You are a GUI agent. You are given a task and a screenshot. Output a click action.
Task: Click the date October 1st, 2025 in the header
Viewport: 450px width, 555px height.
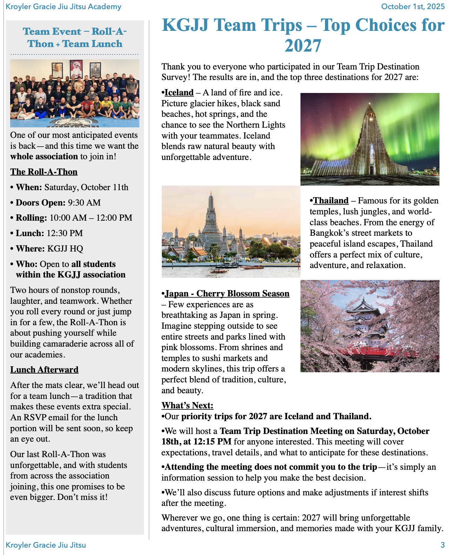pos(412,7)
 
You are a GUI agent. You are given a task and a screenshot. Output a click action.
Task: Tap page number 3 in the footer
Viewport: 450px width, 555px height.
pos(443,545)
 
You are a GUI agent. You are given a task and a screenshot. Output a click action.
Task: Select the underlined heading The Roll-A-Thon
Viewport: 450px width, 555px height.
pos(44,172)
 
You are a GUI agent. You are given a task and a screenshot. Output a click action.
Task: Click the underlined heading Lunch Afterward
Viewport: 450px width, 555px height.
pos(44,370)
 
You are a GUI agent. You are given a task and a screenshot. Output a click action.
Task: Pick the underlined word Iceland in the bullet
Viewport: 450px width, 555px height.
pos(179,93)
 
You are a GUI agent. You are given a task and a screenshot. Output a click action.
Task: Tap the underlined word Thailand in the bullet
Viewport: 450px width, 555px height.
pos(331,201)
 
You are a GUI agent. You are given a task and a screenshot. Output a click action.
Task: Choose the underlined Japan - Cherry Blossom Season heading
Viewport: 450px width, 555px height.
pos(227,294)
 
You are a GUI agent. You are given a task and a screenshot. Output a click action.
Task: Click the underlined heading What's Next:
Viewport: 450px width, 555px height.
pos(187,406)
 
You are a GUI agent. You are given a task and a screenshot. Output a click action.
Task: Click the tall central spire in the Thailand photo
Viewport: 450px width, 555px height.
pos(211,218)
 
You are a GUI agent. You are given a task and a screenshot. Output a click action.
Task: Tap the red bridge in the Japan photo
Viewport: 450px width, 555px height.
pos(369,352)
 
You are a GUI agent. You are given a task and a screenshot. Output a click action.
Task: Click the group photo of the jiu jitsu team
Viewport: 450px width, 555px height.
pos(75,93)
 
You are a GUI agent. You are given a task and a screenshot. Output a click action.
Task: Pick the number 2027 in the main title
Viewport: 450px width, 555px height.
pos(303,46)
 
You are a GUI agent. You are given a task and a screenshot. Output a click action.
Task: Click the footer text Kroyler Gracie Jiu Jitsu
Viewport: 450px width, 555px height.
pos(46,545)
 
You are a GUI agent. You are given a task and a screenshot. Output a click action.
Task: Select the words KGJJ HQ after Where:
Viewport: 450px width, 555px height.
pos(65,249)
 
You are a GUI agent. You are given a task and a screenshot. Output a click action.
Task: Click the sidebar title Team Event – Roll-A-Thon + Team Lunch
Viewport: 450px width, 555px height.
pos(75,38)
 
